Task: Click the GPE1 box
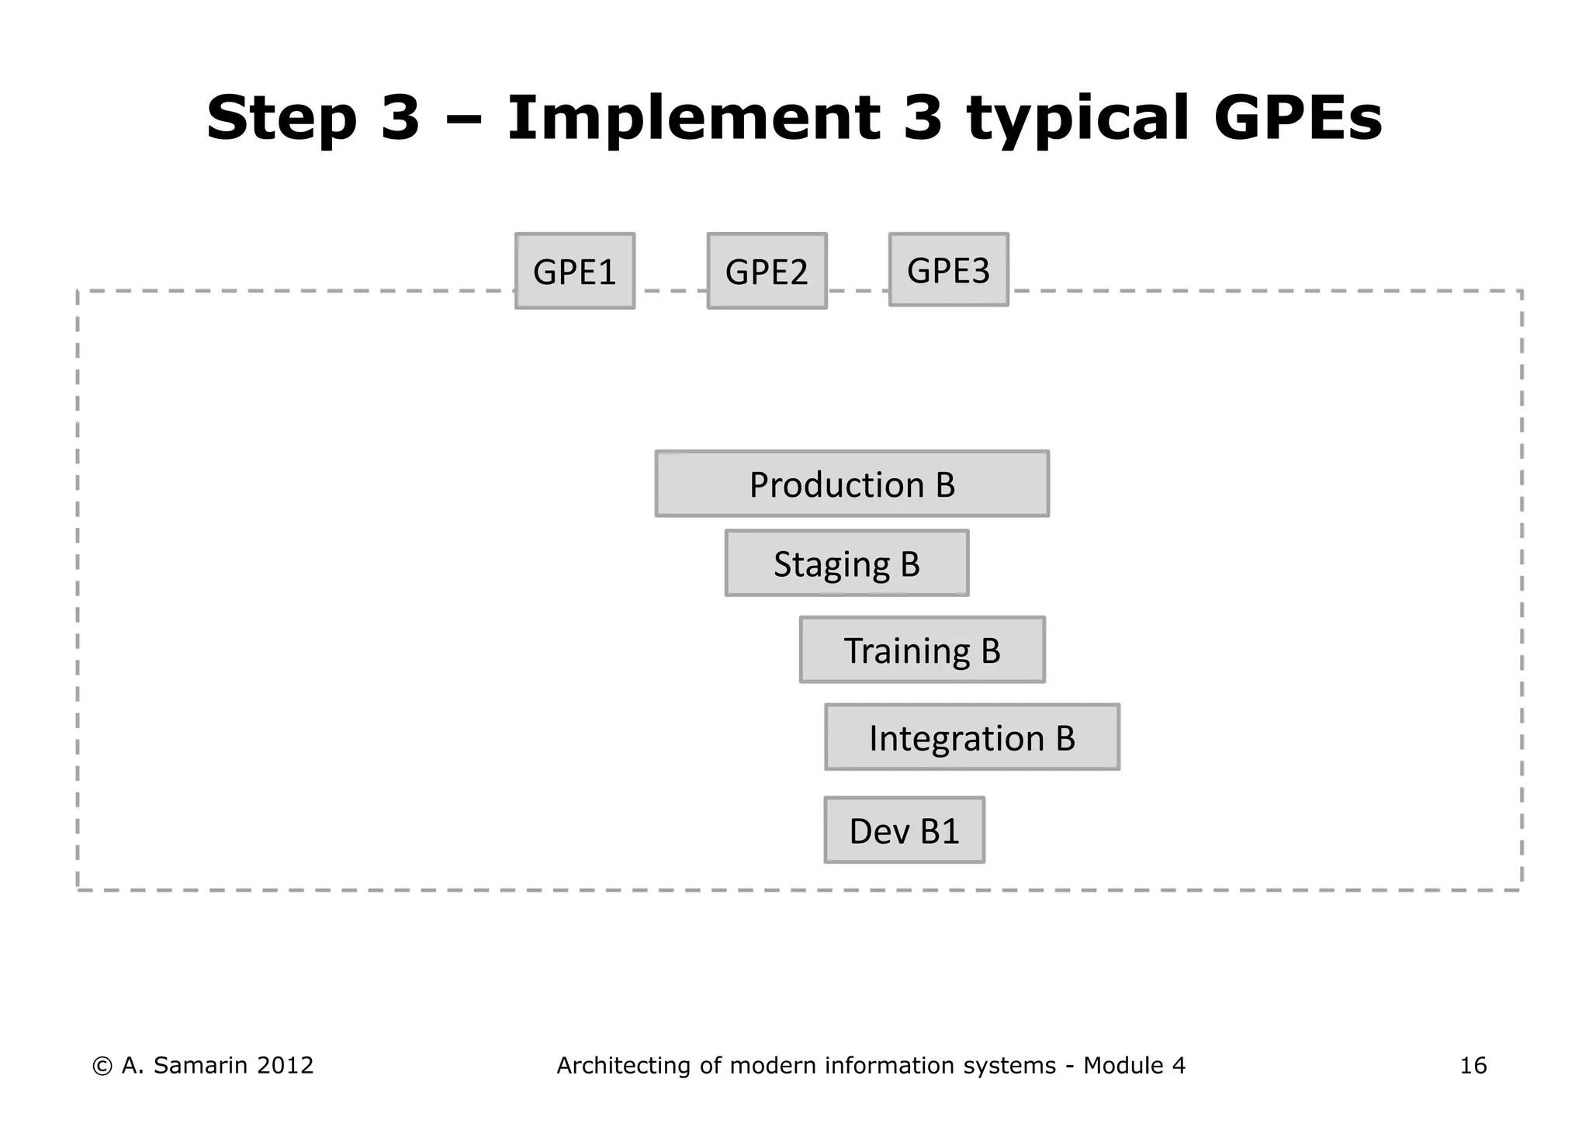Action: tap(575, 271)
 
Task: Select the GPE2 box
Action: tap(767, 271)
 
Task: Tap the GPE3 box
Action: tap(948, 269)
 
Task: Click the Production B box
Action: tap(852, 484)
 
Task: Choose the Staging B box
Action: tap(846, 564)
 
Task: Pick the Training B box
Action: tap(922, 650)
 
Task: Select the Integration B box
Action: tap(971, 737)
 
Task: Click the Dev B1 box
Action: tap(904, 830)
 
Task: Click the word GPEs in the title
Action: tap(1297, 118)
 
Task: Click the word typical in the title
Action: tap(1077, 118)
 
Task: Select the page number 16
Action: tap(1473, 1066)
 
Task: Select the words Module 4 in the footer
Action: tap(1134, 1066)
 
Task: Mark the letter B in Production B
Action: tap(945, 484)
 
